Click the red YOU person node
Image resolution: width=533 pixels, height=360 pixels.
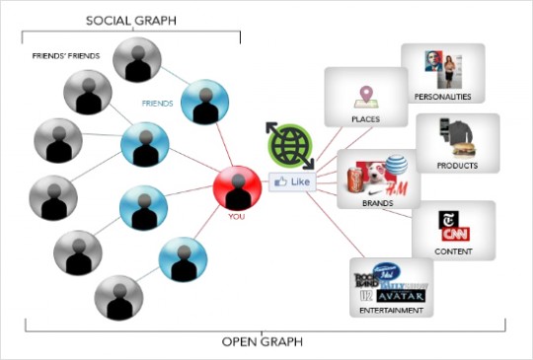(236, 187)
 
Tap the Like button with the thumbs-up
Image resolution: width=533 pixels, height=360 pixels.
(293, 182)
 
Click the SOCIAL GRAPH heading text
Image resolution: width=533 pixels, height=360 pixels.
(125, 21)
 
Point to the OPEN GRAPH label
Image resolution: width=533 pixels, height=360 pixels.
(263, 342)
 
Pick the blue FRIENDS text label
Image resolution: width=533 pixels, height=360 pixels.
(158, 103)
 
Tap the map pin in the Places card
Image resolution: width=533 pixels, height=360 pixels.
(367, 96)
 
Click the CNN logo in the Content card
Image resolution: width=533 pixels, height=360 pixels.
(454, 235)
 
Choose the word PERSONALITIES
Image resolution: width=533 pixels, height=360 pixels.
(442, 97)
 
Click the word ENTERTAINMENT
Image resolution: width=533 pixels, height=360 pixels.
(392, 311)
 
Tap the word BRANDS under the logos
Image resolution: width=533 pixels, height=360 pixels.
(378, 203)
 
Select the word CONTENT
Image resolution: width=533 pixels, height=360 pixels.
(453, 252)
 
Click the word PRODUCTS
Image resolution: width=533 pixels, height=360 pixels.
(457, 166)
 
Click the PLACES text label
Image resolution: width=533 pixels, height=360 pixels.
(366, 120)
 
